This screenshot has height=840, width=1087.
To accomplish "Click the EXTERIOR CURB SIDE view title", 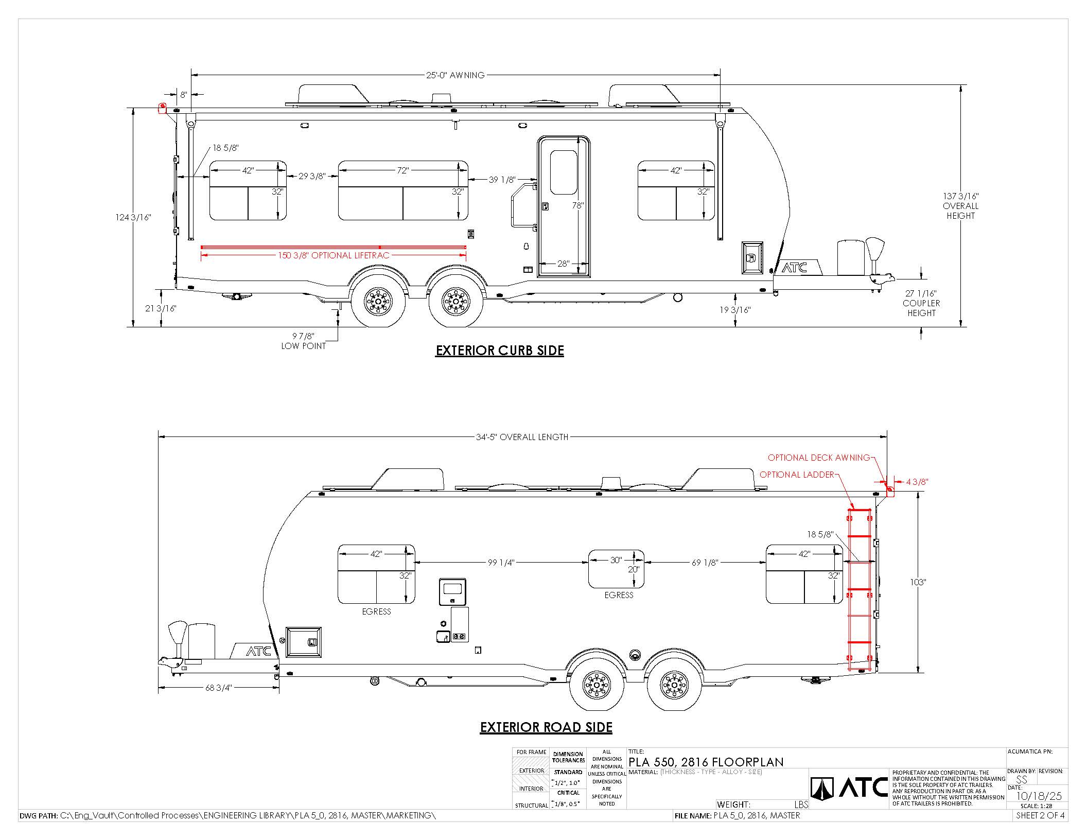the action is click(500, 351).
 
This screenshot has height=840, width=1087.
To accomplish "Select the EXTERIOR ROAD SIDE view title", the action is click(546, 727).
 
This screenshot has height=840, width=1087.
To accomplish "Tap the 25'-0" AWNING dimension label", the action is click(455, 75).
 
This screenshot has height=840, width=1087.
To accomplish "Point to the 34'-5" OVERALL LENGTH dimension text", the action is click(522, 437).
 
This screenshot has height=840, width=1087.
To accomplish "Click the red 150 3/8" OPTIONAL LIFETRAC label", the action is click(334, 255).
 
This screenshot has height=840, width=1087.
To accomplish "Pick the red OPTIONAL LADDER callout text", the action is click(797, 475).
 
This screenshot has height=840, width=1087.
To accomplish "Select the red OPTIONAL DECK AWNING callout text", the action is click(819, 458).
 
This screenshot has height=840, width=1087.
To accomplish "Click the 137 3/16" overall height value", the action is click(960, 196).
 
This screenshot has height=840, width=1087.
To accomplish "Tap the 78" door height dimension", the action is click(577, 205).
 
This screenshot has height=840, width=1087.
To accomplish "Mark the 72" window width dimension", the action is click(402, 170).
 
